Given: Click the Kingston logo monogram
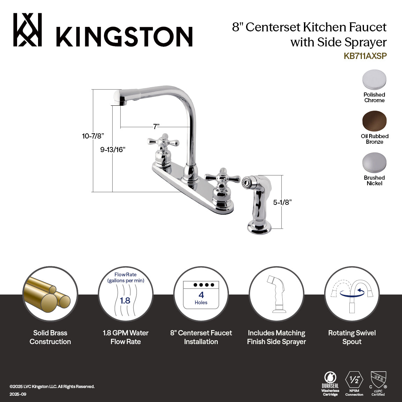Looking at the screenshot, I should (28, 30).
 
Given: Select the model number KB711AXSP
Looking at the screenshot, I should (365, 56).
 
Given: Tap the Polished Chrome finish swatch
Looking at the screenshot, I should (374, 80).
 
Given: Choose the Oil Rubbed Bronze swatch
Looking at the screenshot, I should (374, 121).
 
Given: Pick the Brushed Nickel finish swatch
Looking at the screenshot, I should (374, 163).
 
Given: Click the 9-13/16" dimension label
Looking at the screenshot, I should (113, 150).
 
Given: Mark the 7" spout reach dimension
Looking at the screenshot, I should (156, 126).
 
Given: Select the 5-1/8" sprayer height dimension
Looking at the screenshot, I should (282, 202).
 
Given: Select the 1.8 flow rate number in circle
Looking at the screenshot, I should (125, 300).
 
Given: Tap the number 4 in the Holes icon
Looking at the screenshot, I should (201, 295).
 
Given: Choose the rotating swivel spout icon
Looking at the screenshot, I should (352, 294).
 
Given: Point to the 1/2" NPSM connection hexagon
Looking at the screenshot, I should (354, 380).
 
